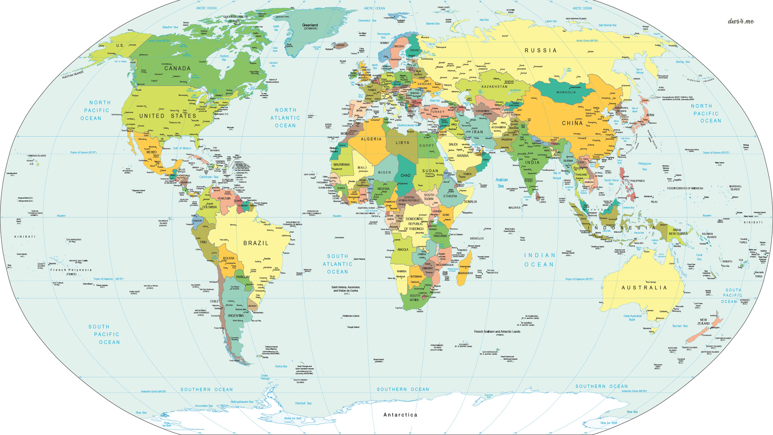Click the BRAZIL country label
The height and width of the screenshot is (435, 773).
pyautogui.click(x=256, y=243)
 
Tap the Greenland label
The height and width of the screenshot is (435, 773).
pyautogui.click(x=310, y=25)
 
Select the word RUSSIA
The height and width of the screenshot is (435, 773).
pyautogui.click(x=541, y=51)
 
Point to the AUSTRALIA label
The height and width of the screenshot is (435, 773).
pyautogui.click(x=644, y=288)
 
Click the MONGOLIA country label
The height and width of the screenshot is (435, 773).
pyautogui.click(x=566, y=92)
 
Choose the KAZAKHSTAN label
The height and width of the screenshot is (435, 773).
pyautogui.click(x=494, y=87)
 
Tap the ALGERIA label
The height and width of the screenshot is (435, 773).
pyautogui.click(x=371, y=139)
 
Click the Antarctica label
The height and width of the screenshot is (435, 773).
pyautogui.click(x=400, y=415)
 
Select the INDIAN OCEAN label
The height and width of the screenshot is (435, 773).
pyautogui.click(x=539, y=260)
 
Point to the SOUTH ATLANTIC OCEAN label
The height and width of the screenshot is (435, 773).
pyautogui.click(x=337, y=264)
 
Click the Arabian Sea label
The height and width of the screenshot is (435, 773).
pyautogui.click(x=501, y=183)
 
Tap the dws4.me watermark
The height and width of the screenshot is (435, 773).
pyautogui.click(x=740, y=21)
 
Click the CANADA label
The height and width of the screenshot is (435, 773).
pyautogui.click(x=178, y=68)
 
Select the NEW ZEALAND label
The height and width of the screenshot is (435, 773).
pyautogui.click(x=704, y=321)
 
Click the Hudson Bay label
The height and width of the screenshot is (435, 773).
pyautogui.click(x=224, y=58)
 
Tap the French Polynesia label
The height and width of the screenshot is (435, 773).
pyautogui.click(x=71, y=270)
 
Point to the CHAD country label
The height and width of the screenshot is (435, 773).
pyautogui.click(x=405, y=176)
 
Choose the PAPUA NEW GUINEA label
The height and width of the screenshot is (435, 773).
pyautogui.click(x=678, y=232)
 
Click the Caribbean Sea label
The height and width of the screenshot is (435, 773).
pyautogui.click(x=209, y=177)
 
